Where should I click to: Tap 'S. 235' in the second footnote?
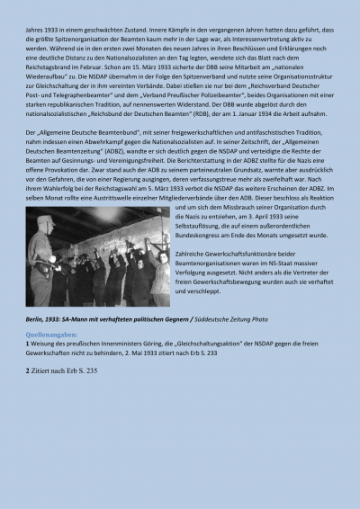(86, 371)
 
